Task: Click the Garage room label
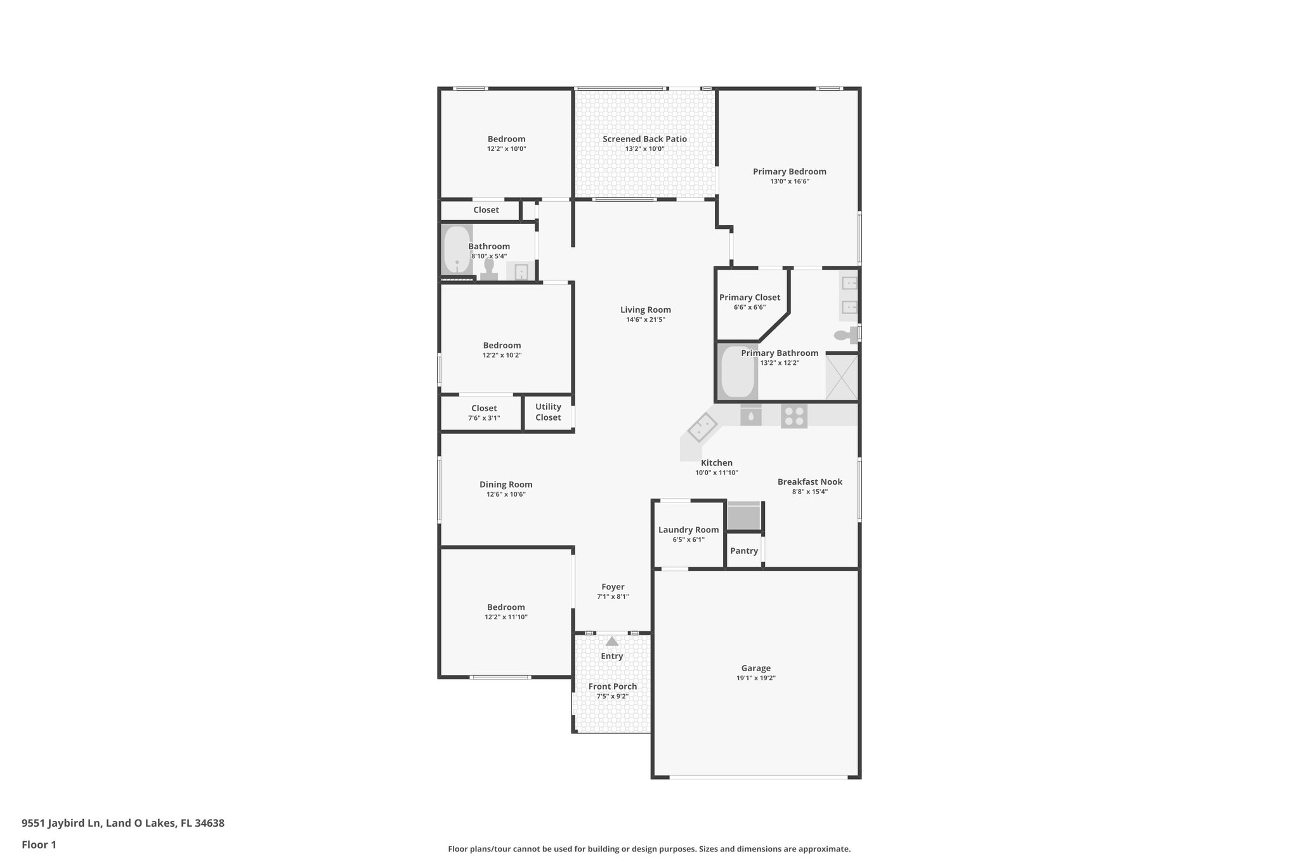(x=755, y=668)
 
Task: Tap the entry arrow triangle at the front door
(x=612, y=641)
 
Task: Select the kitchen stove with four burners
(x=793, y=416)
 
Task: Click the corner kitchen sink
(x=702, y=427)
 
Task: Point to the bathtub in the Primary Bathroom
(x=738, y=372)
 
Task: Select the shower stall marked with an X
(x=842, y=377)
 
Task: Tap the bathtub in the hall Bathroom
(x=457, y=249)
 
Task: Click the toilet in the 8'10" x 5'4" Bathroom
(x=489, y=269)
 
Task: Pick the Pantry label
(x=744, y=551)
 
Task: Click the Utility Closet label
(x=548, y=412)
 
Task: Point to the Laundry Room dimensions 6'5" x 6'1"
(x=688, y=540)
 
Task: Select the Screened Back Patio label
(x=644, y=139)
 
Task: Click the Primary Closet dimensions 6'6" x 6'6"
(x=750, y=307)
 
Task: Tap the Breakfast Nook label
(x=810, y=482)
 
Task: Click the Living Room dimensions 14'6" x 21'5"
(x=646, y=320)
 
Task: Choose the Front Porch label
(x=613, y=686)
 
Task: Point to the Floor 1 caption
(x=39, y=844)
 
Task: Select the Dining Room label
(x=506, y=484)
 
